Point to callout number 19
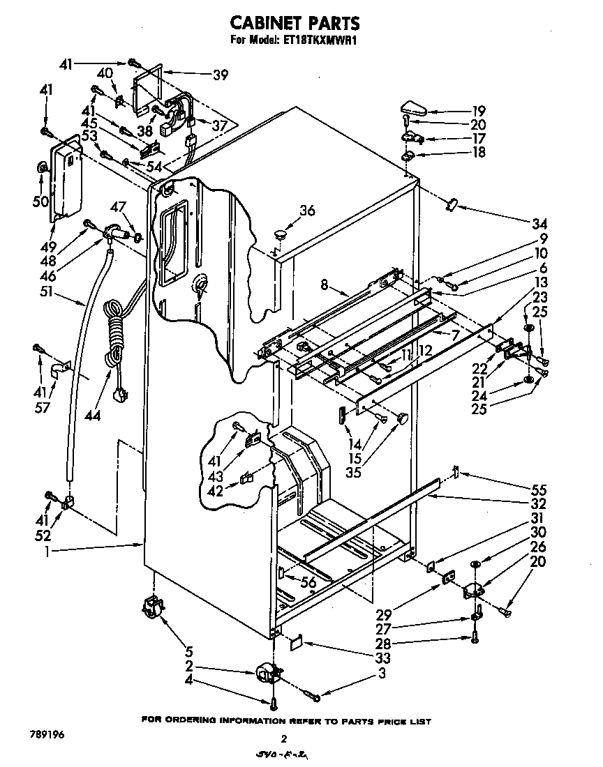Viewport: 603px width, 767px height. [478, 111]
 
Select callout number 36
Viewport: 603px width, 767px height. [308, 211]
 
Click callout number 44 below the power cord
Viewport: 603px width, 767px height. [92, 416]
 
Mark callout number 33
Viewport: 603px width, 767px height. [381, 658]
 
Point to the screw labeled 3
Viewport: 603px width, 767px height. [312, 694]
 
